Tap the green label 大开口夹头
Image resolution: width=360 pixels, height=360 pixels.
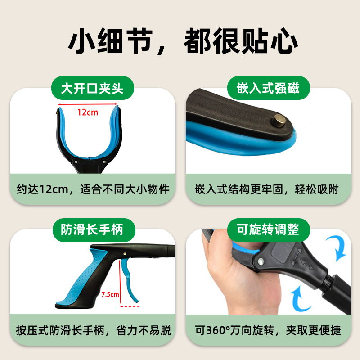92,88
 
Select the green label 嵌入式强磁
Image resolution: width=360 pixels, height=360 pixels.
268,88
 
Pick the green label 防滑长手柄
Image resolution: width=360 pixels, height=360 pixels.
92,230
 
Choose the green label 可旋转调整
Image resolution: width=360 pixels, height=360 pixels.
268,230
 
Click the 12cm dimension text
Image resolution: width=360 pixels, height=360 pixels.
87,112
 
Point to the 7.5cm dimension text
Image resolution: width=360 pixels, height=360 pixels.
110,294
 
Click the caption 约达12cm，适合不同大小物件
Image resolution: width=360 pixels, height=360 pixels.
92,189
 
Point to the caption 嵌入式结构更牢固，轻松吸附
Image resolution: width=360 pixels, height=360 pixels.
268,189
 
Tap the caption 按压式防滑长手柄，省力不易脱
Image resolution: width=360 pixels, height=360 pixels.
92,331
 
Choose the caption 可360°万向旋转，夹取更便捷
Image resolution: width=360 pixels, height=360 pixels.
268,331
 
